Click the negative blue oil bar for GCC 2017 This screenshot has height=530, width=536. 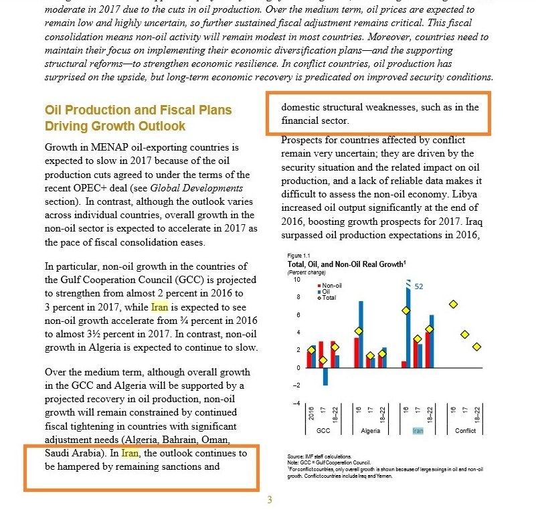click(x=325, y=376)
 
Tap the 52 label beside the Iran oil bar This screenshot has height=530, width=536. click(x=420, y=286)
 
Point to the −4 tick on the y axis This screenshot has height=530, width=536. click(x=296, y=403)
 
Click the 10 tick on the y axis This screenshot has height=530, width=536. click(x=297, y=280)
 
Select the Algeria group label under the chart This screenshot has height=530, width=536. click(x=370, y=431)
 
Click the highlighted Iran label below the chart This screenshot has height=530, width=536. click(x=418, y=431)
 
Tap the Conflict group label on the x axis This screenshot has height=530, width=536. click(x=466, y=431)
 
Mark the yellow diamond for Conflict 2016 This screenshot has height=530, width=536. click(x=454, y=304)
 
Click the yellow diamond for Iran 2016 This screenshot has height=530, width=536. click(x=406, y=311)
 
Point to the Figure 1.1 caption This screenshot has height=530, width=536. click(x=298, y=256)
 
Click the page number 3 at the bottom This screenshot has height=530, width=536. click(x=269, y=500)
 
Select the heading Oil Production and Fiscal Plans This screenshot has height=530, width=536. click(x=138, y=110)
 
